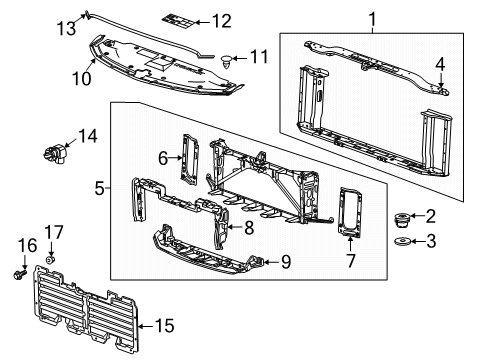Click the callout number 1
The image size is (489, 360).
point(375,19)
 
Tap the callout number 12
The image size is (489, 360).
point(221,21)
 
